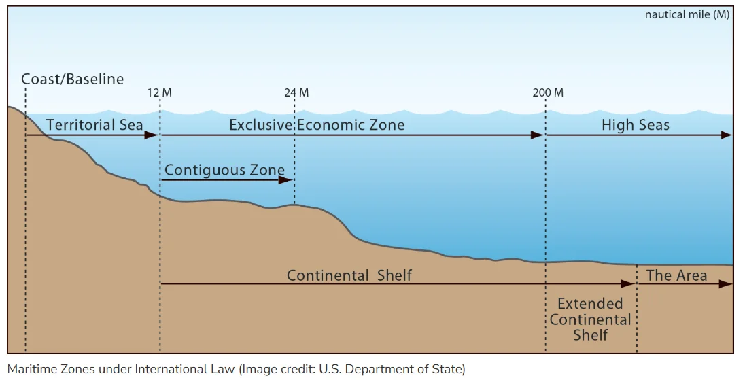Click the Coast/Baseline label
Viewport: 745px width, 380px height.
73,79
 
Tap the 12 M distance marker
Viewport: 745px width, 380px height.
159,92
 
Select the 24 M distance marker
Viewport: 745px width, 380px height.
296,92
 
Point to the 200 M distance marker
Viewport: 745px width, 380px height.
548,92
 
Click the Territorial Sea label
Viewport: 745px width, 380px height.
94,124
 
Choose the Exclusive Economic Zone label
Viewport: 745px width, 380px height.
317,124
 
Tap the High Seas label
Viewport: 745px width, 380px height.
636,124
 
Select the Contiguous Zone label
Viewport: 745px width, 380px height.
225,169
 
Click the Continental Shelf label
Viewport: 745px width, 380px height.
349,275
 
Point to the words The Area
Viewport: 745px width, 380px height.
676,275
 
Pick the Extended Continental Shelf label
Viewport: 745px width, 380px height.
590,319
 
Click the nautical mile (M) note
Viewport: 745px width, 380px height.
687,14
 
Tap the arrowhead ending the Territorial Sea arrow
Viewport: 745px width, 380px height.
152,135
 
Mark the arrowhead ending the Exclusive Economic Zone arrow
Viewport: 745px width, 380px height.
537,135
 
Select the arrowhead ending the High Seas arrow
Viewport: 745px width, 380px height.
726,135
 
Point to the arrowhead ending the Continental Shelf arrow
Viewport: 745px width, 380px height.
627,283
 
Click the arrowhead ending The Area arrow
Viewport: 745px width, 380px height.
726,283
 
